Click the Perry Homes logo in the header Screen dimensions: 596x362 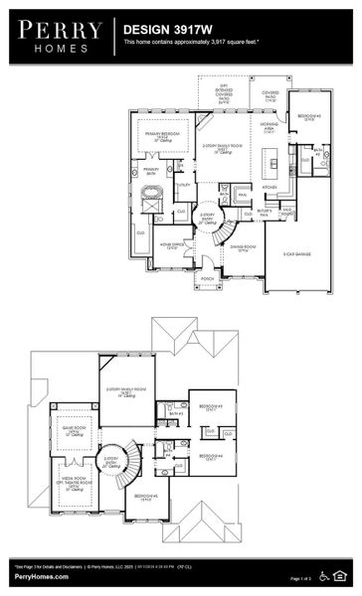coord(59,37)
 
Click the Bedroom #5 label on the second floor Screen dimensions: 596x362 coord(146,496)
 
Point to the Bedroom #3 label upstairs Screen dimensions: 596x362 coord(208,406)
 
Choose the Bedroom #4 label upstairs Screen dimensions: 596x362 coord(208,456)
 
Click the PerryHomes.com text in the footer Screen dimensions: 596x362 coord(42,576)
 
